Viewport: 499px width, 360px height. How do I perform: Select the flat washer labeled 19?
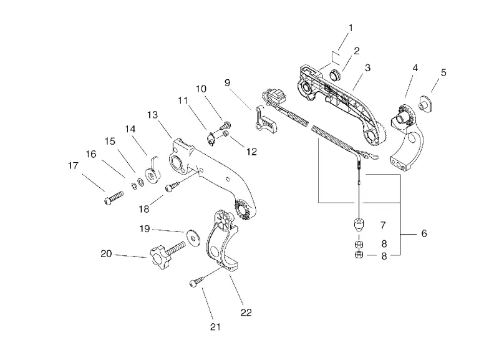193,237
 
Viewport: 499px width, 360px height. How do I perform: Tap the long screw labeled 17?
114,197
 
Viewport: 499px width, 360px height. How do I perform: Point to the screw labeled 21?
198,281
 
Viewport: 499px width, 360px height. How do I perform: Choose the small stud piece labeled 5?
425,103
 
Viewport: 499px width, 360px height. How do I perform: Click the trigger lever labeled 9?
266,119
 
